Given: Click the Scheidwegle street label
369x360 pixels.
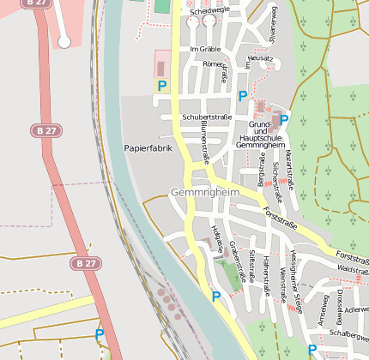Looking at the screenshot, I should pos(210,11).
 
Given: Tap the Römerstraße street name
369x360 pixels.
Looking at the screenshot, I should pos(215,63).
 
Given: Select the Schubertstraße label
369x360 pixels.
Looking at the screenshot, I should pos(206,117).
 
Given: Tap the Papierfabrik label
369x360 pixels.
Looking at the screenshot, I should pos(148,148).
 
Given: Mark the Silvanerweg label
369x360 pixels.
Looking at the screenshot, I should pos(273,23).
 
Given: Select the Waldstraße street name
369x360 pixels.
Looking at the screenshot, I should pos(354,270).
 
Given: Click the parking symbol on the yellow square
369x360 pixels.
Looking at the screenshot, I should pos(161,86).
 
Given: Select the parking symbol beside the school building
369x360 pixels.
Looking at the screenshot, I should pos(283,120).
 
